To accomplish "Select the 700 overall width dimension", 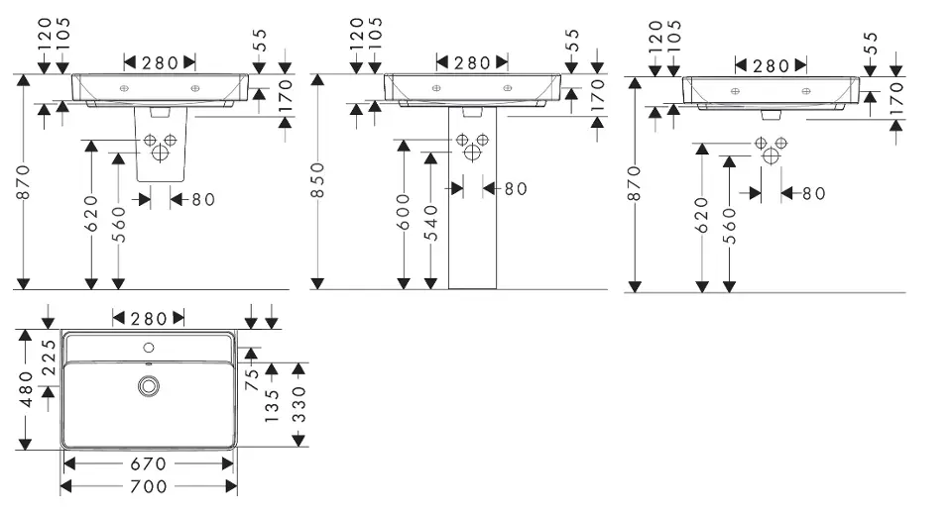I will click(149, 486).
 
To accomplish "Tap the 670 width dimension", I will click(149, 463).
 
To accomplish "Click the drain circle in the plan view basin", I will click(149, 385).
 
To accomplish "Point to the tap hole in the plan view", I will click(149, 348).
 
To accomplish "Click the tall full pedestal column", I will click(471, 218).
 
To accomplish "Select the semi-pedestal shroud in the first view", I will click(160, 149).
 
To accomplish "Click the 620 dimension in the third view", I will click(702, 216).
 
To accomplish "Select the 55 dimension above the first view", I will click(260, 40).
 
